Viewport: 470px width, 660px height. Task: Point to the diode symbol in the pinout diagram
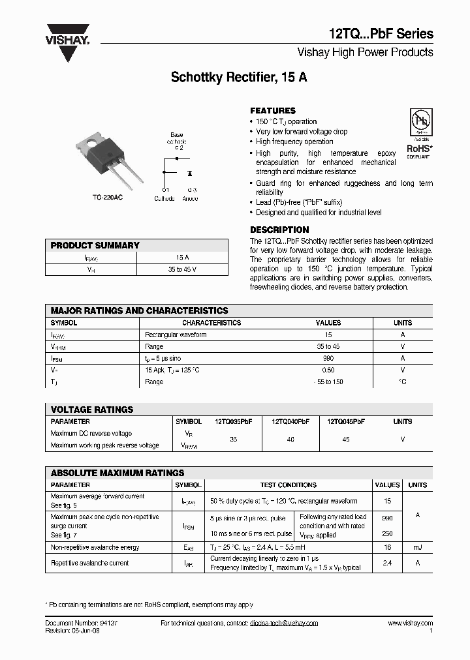(189, 174)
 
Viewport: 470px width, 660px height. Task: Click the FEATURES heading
(273, 111)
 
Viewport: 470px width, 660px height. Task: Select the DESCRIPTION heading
(279, 230)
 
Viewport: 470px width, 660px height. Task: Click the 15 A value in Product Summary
(182, 258)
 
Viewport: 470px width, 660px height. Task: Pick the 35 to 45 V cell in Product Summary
(182, 269)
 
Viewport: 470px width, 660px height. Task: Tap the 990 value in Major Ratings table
(328, 358)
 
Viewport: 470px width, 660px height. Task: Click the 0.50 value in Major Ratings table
(328, 370)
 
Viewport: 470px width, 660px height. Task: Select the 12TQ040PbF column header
(290, 422)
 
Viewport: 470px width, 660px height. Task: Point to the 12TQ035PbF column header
(233, 422)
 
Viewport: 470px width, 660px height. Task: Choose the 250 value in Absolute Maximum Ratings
(388, 532)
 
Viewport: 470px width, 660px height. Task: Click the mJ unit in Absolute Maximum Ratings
(417, 548)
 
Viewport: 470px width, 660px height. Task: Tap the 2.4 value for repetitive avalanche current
(388, 563)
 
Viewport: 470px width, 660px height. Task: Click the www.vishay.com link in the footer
(410, 623)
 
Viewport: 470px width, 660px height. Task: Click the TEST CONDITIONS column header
(288, 485)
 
